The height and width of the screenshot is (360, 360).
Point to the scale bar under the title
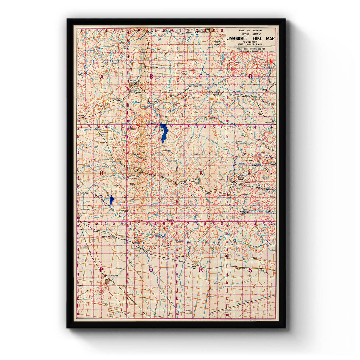tap(250, 46)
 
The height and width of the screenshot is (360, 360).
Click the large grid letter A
tap(102, 77)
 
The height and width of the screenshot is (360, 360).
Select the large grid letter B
tap(152, 76)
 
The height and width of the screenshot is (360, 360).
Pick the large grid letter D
tap(251, 76)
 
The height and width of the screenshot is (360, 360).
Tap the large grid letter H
tap(102, 173)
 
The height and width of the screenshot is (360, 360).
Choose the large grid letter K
tap(201, 173)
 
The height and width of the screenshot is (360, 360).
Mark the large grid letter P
tap(102, 270)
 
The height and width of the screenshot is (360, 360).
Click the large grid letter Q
tap(152, 270)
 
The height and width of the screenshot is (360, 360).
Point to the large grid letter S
tap(250, 270)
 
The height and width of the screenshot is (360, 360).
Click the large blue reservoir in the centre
tap(164, 133)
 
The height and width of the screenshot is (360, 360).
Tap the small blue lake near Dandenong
tap(112, 200)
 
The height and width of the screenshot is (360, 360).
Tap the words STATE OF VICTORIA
tap(250, 31)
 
